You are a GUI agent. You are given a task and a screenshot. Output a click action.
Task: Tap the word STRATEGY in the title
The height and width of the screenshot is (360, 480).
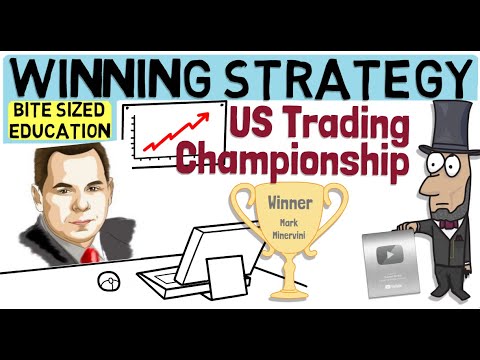347,79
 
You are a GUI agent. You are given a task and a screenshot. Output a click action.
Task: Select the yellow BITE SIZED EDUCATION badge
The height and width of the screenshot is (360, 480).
59,121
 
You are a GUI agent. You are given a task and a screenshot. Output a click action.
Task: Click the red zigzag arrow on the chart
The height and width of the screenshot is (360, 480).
176,131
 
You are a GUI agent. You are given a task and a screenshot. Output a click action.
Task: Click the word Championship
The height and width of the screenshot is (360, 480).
293,161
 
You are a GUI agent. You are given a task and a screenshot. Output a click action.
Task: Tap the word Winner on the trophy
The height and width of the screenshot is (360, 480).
290,203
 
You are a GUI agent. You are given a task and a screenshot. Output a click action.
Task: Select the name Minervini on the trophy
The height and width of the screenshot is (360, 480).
290,235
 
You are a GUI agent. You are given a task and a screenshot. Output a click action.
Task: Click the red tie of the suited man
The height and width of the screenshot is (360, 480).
90,256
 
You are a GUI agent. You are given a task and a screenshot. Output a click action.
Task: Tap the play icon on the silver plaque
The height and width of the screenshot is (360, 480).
390,255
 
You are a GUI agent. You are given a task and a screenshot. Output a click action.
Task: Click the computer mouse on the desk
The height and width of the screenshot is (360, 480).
109,282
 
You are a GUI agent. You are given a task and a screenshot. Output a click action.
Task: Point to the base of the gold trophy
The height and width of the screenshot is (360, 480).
289,293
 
